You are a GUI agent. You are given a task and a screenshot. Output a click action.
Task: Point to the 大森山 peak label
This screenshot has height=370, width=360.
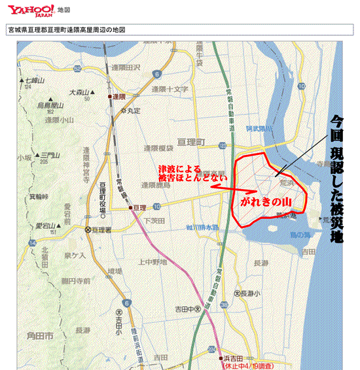(82, 92)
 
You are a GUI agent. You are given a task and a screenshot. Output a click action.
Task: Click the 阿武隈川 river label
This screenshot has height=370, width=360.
(260, 128)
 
